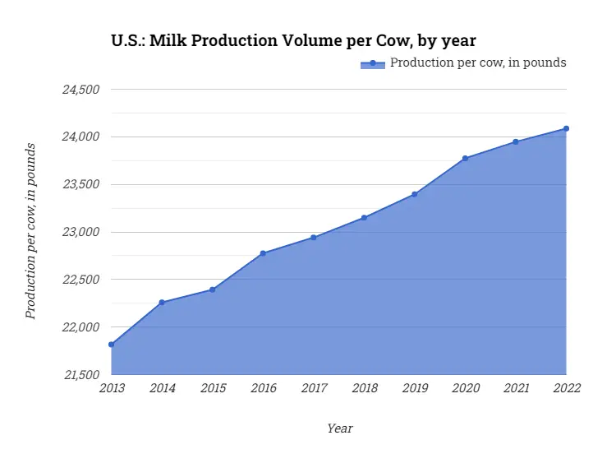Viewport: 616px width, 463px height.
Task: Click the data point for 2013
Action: [x=112, y=345]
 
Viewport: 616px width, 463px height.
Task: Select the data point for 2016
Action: [x=263, y=253]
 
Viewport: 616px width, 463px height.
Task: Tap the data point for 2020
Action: [x=466, y=158]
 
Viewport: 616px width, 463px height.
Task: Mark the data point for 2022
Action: [x=566, y=128]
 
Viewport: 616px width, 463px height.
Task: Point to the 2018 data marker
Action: [x=364, y=218]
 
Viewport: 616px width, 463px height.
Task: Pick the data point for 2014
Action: [x=162, y=303]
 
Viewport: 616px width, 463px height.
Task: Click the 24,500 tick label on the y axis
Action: [x=80, y=89]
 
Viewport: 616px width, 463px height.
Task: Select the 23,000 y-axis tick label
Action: [x=80, y=232]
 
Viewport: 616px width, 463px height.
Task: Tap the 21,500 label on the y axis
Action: [x=80, y=375]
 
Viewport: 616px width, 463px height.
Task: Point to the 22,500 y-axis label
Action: [x=80, y=280]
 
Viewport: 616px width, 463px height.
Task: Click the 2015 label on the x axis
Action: [x=213, y=388]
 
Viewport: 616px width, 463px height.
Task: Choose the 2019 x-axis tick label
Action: [x=415, y=388]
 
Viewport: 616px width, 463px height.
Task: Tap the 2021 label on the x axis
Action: [x=516, y=388]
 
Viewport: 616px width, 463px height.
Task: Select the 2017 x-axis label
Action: [x=314, y=388]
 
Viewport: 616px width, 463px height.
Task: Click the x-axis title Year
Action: [x=339, y=428]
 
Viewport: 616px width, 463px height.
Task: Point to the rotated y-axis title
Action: [x=30, y=231]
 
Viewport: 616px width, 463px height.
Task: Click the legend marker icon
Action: [x=372, y=63]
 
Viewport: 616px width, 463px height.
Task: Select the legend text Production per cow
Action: [x=478, y=63]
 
